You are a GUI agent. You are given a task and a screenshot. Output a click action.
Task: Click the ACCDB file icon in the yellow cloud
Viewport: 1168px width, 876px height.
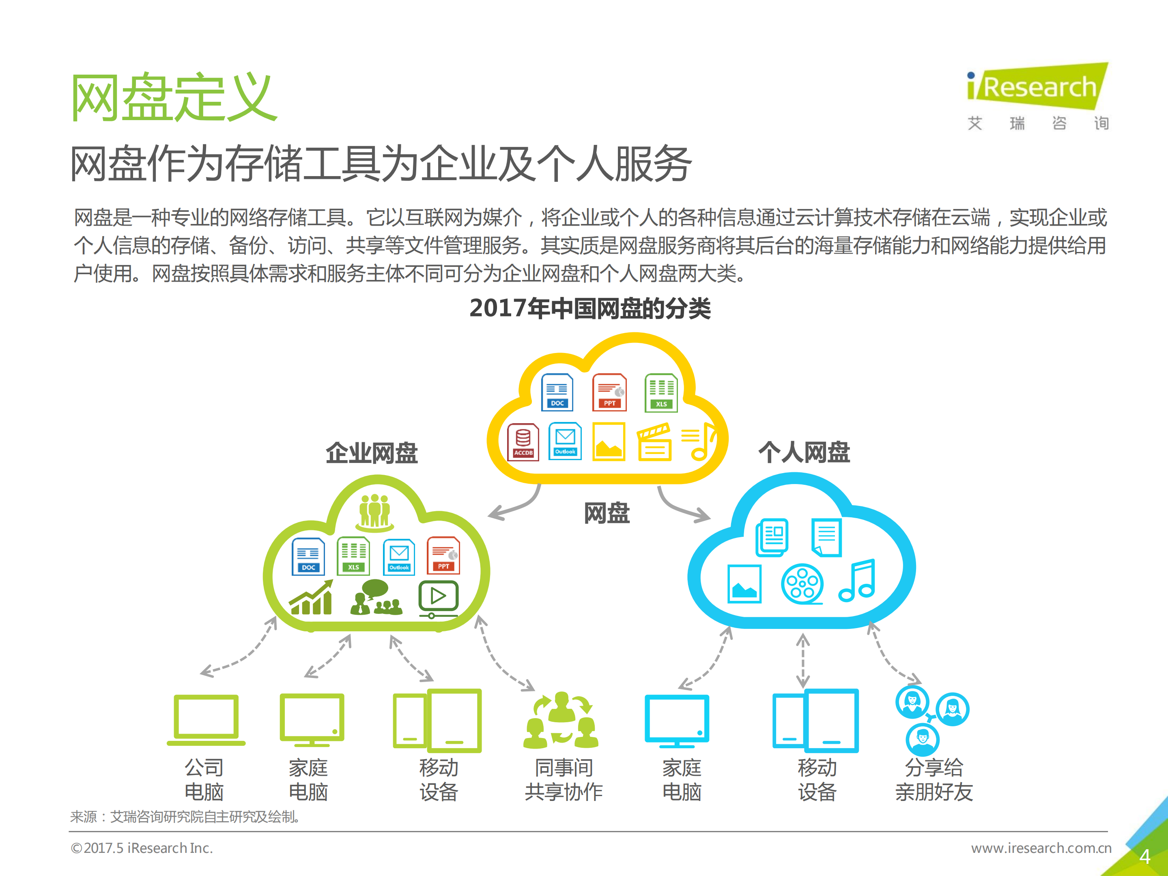523,442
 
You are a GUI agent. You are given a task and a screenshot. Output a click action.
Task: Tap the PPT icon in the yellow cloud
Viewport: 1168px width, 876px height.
609,392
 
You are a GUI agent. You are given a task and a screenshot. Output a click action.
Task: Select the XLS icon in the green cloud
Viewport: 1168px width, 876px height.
353,556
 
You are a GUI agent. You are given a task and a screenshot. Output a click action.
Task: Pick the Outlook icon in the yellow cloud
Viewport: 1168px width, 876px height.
565,441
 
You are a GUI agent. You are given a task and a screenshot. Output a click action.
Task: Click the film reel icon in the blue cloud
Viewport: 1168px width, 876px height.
802,583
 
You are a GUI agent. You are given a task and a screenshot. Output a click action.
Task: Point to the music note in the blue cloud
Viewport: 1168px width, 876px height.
858,581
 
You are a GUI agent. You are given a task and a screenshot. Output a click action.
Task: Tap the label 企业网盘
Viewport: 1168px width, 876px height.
372,453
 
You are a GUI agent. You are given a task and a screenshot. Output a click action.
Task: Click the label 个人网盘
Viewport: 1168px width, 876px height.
804,452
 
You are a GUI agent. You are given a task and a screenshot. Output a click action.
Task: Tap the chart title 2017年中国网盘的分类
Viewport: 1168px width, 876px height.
590,308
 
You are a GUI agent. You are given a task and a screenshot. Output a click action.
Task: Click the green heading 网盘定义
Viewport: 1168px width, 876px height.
174,98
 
